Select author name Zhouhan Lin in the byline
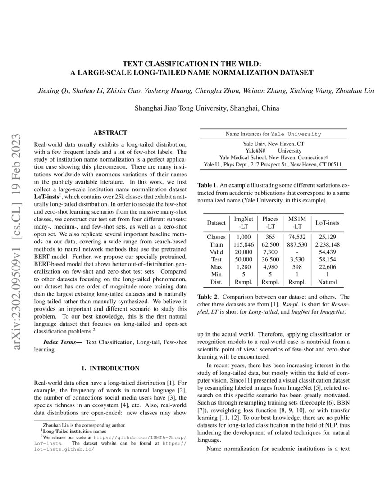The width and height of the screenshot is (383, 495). click(x=356, y=91)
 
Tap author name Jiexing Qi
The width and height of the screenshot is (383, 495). click(x=52, y=91)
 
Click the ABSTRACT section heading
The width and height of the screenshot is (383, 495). click(x=110, y=133)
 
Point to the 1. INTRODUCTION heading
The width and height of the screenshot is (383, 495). click(x=110, y=368)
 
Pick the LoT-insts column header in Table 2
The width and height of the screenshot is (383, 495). click(x=328, y=223)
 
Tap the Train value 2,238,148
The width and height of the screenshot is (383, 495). click(x=328, y=244)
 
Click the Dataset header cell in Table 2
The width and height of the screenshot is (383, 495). click(x=216, y=223)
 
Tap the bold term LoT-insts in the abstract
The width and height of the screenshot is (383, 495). click(x=49, y=197)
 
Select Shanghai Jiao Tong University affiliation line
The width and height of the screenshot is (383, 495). click(x=207, y=108)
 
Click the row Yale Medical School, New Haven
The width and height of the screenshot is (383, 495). click(x=273, y=157)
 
